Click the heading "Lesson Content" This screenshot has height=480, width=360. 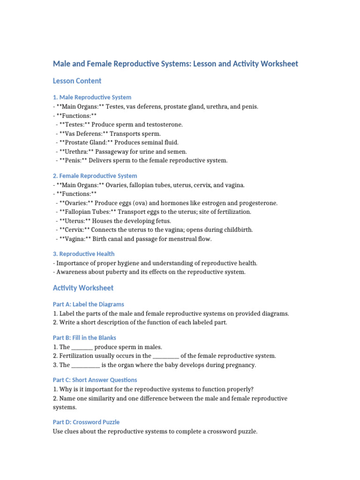click(77, 81)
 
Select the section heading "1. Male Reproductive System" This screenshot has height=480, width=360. click(92, 97)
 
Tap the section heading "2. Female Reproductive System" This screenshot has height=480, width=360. click(95, 176)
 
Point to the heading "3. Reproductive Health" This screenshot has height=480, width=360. click(84, 254)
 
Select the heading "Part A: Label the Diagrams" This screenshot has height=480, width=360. click(89, 304)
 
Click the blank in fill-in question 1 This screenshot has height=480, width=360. click(82, 347)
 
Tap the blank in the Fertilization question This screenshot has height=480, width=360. click(166, 356)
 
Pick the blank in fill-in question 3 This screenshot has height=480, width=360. click(85, 365)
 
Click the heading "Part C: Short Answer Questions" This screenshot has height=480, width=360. click(95, 380)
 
